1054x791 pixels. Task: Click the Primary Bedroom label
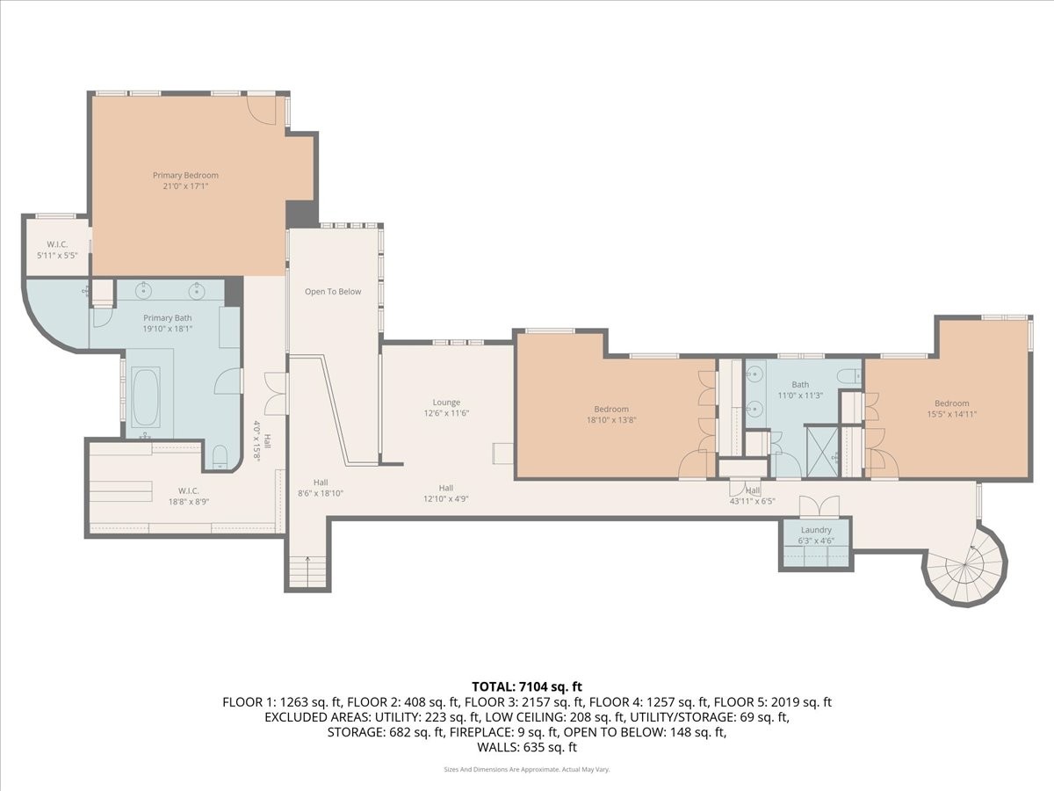tap(185, 180)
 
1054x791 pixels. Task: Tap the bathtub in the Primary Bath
tap(146, 397)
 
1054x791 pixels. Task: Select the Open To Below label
tap(333, 292)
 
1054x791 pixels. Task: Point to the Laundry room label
tap(816, 535)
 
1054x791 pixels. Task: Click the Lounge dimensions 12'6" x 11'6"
tap(446, 413)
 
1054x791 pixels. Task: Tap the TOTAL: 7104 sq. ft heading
tap(527, 686)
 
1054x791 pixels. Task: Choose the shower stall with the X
tap(821, 451)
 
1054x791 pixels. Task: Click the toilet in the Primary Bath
tap(220, 456)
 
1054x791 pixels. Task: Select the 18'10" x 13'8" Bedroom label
tap(610, 415)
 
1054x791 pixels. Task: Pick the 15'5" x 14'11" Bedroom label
tap(952, 409)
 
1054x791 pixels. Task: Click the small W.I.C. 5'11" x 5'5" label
tap(57, 250)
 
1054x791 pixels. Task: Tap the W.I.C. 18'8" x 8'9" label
tap(188, 496)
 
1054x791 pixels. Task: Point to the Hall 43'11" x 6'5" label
tap(753, 495)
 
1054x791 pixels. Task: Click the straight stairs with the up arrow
tap(307, 571)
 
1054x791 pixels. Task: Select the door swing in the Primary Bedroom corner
tap(261, 111)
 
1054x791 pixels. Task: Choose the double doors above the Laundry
tap(819, 507)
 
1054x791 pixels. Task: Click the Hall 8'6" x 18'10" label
tap(321, 488)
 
